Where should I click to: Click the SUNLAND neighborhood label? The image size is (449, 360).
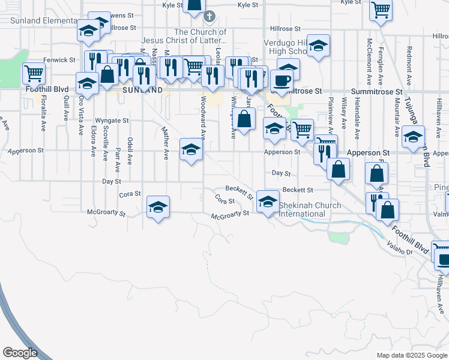pyautogui.click(x=142, y=90)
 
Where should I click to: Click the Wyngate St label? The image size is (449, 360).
pyautogui.click(x=112, y=121)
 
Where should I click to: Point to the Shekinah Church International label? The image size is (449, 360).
pyautogui.click(x=310, y=209)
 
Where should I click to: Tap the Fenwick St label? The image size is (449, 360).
pyautogui.click(x=59, y=60)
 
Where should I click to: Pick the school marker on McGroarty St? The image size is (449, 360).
pyautogui.click(x=158, y=207)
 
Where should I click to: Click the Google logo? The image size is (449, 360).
pyautogui.click(x=20, y=353)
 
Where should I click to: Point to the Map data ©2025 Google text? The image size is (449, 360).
pyautogui.click(x=412, y=355)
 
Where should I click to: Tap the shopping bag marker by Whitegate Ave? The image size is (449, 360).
pyautogui.click(x=244, y=118)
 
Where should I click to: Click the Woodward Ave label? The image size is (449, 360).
pyautogui.click(x=203, y=118)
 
